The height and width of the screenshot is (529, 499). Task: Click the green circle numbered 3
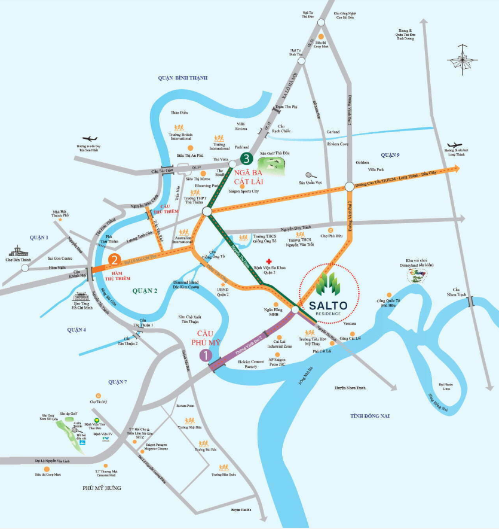245,159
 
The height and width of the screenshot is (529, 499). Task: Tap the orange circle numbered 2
114,260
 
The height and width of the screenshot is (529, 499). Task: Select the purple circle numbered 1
207,355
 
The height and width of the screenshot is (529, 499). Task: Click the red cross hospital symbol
270,262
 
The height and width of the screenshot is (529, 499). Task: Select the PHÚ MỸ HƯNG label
102,488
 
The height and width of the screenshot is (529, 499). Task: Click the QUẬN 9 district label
389,155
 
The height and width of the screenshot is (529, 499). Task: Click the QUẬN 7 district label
117,382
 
